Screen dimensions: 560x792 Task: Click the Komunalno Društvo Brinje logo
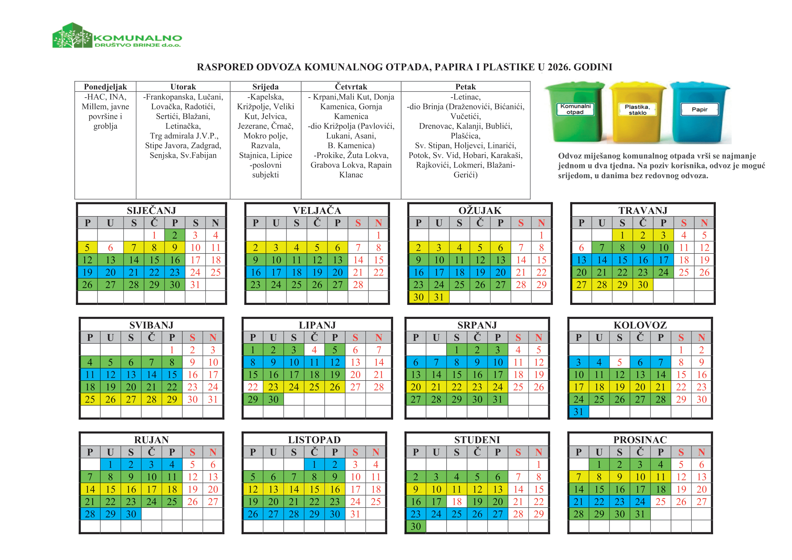click(x=117, y=36)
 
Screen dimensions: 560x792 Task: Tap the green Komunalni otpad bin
click(x=575, y=112)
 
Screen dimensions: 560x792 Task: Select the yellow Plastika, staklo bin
click(x=637, y=112)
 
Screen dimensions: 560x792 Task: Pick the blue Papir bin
click(x=700, y=112)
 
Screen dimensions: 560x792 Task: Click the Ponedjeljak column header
click(x=105, y=87)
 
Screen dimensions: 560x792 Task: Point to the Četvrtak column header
click(x=351, y=87)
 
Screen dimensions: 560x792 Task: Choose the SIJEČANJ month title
click(x=151, y=210)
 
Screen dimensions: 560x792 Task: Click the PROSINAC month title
click(x=640, y=440)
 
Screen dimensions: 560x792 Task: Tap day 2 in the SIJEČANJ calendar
click(x=174, y=235)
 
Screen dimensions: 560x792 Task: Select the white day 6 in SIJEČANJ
click(x=110, y=248)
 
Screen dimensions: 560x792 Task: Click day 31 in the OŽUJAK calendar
click(x=439, y=297)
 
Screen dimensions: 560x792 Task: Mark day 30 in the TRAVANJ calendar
click(x=643, y=285)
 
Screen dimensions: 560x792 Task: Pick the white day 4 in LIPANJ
click(x=314, y=350)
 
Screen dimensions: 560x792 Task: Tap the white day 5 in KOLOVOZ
click(x=620, y=362)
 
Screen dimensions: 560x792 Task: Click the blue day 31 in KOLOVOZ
click(x=578, y=412)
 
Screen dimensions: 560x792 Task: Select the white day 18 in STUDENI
click(x=457, y=502)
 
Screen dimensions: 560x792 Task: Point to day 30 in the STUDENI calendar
click(x=416, y=526)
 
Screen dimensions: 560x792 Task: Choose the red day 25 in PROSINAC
click(x=660, y=502)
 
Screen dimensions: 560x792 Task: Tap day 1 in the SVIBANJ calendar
click(x=172, y=350)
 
